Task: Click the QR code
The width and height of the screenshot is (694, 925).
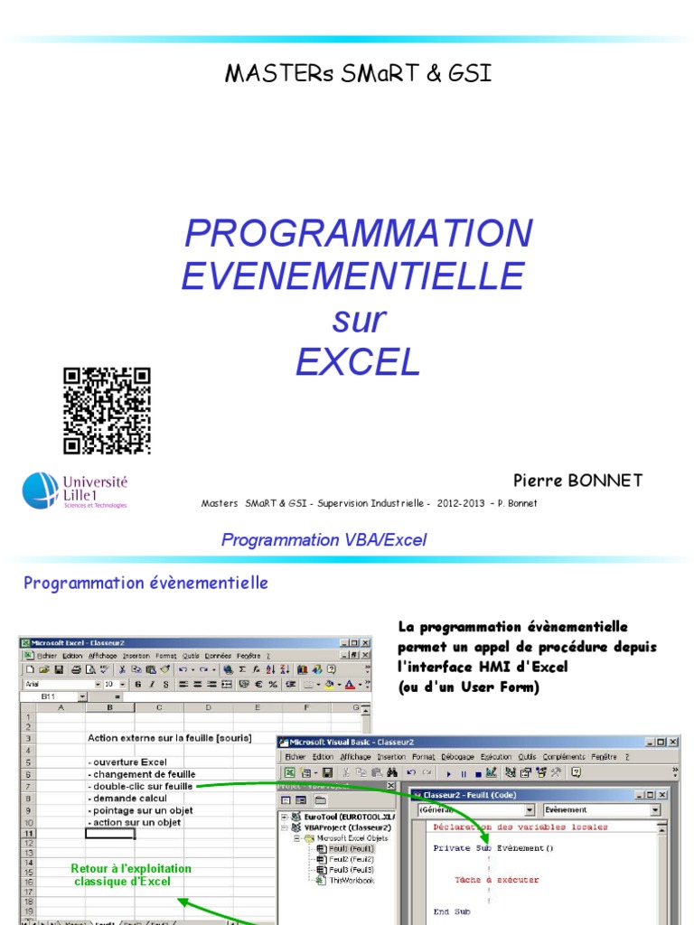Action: (107, 410)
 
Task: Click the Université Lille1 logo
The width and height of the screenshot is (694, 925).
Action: (75, 491)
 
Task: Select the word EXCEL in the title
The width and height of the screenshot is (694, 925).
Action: (358, 362)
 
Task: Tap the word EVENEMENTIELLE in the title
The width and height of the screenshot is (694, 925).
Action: (352, 276)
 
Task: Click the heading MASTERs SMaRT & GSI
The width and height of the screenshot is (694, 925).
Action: (358, 74)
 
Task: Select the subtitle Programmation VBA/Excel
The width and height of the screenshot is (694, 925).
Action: (324, 540)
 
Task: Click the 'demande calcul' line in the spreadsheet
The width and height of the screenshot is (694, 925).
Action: (128, 799)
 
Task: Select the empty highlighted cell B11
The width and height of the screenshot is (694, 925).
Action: (110, 834)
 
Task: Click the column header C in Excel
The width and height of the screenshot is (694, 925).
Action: (159, 707)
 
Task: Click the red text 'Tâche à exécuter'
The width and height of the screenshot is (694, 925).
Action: (496, 879)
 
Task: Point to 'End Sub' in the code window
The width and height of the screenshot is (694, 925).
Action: (452, 912)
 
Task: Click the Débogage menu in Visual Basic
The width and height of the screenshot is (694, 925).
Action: (457, 756)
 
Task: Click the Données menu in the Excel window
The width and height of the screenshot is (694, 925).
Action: (218, 655)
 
